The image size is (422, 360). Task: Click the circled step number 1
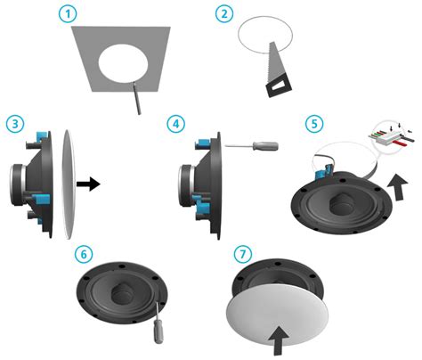click(x=68, y=14)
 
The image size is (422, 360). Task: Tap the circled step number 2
click(x=224, y=13)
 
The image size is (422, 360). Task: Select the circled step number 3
click(x=15, y=124)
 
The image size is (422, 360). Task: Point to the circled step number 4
click(x=175, y=124)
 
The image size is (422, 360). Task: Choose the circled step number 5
click(x=314, y=123)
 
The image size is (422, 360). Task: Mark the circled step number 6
click(x=84, y=255)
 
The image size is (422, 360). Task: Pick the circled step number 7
click(x=243, y=254)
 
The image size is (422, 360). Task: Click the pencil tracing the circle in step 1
click(x=136, y=98)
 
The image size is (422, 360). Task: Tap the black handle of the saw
click(x=279, y=86)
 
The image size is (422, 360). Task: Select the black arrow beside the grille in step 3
click(x=88, y=184)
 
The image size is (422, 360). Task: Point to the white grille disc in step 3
click(x=69, y=184)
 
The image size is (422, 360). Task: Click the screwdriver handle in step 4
click(x=265, y=146)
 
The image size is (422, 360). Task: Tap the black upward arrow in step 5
click(x=398, y=187)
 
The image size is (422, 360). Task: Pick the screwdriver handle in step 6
click(x=158, y=332)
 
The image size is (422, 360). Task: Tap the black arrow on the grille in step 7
click(x=280, y=340)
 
